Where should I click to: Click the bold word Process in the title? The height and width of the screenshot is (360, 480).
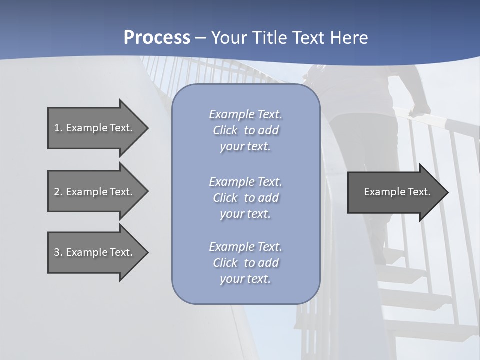157,38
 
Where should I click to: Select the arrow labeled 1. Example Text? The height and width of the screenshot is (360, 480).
93,128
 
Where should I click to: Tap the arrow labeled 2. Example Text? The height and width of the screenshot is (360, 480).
93,192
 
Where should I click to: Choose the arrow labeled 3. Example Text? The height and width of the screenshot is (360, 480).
93,252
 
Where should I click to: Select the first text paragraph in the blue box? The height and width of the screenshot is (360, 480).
245,130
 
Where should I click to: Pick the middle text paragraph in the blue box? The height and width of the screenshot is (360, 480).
245,198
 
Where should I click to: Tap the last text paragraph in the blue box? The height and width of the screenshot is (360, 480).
245,263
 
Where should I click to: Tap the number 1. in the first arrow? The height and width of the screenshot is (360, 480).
58,128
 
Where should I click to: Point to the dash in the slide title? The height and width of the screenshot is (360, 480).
200,38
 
